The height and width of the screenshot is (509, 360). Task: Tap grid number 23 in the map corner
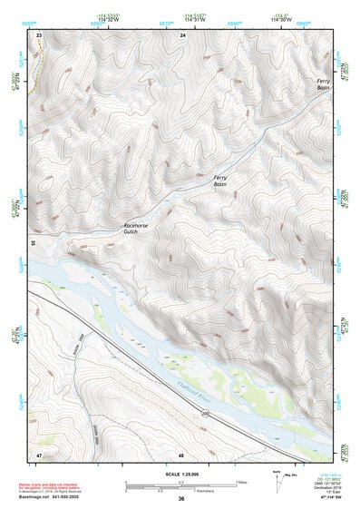pyautogui.click(x=39, y=34)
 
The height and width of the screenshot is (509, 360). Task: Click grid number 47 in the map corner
pyautogui.click(x=39, y=453)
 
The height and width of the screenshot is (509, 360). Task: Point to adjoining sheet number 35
pyautogui.click(x=33, y=243)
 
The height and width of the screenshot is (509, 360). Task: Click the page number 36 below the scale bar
pyautogui.click(x=180, y=499)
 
